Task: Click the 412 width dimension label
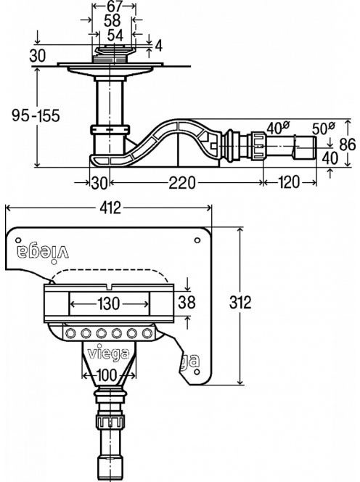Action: click(x=110, y=208)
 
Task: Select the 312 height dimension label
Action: click(x=240, y=302)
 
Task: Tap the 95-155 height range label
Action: click(x=36, y=115)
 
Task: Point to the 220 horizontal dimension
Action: click(x=181, y=183)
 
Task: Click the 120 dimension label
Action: click(x=290, y=182)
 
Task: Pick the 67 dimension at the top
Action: click(x=115, y=6)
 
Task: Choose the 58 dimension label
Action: click(x=112, y=20)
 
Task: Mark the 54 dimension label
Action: click(x=115, y=35)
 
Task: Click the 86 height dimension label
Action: click(x=348, y=144)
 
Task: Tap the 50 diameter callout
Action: click(x=323, y=128)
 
